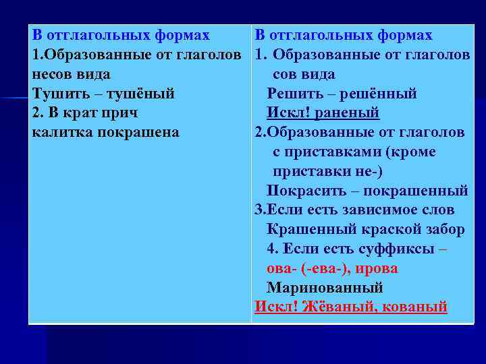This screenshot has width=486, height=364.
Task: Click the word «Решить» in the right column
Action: pyautogui.click(x=294, y=94)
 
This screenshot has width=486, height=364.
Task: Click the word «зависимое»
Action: pyautogui.click(x=381, y=210)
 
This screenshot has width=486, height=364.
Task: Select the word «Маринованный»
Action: pyautogui.click(x=325, y=288)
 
